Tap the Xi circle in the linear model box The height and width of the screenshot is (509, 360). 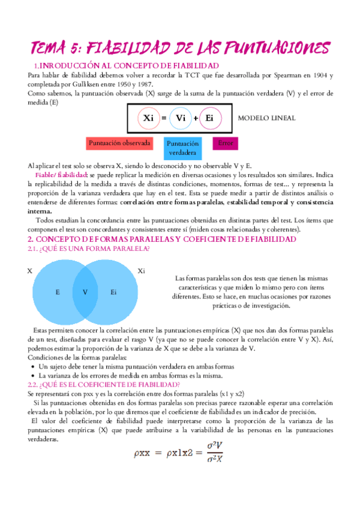pyautogui.click(x=148, y=119)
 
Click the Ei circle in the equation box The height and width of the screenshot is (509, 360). pyautogui.click(x=209, y=119)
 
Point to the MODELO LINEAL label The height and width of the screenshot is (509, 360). pyautogui.click(x=267, y=118)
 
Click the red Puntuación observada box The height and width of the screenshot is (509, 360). pyautogui.click(x=119, y=144)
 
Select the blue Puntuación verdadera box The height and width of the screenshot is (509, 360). pyautogui.click(x=182, y=148)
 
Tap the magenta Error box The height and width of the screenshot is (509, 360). pyautogui.click(x=225, y=144)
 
